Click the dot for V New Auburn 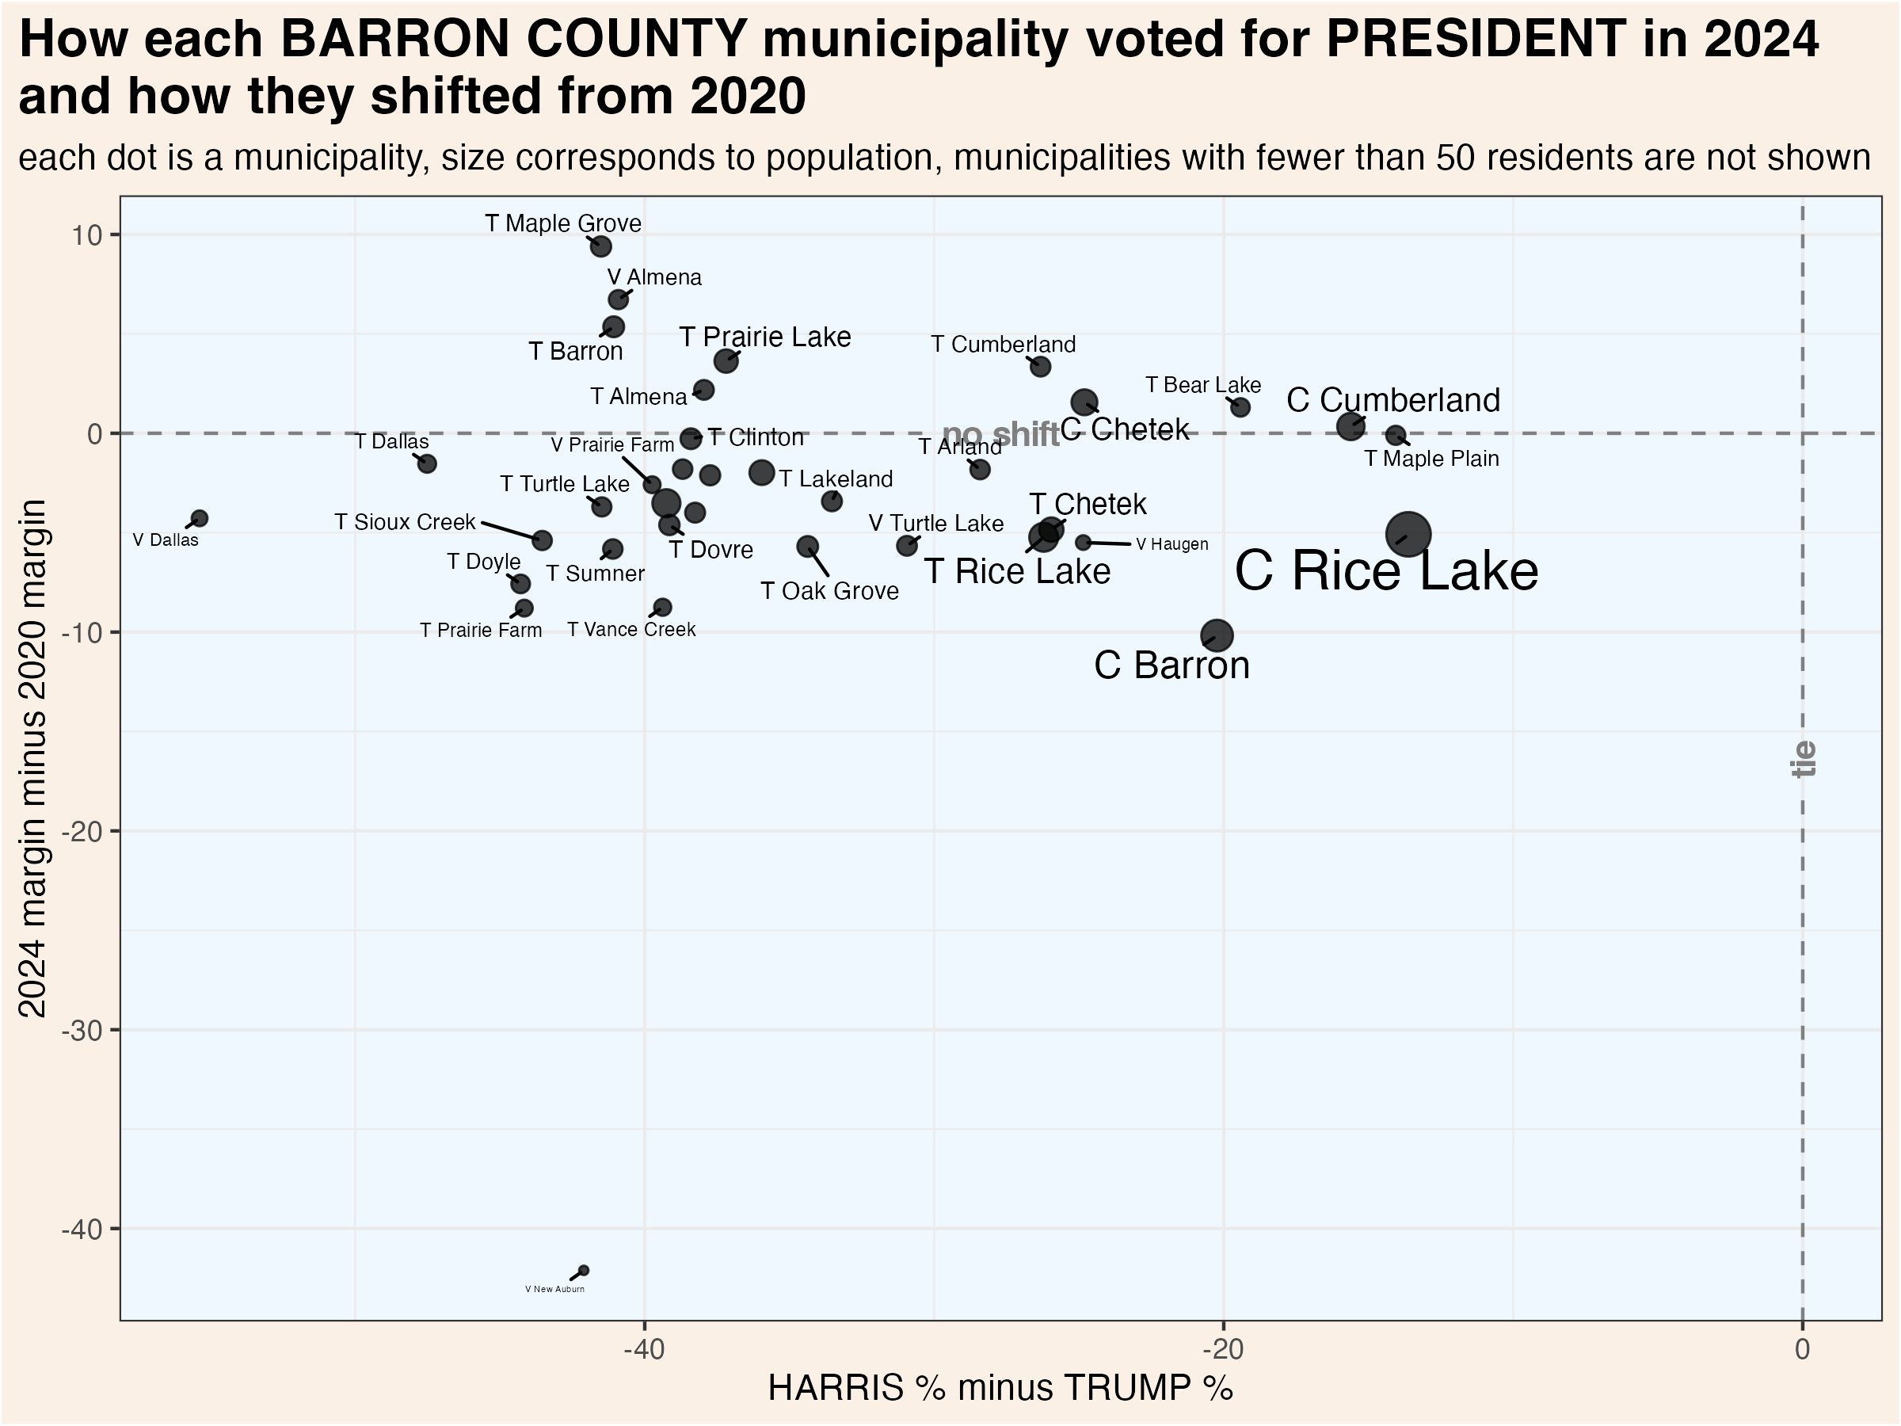pyautogui.click(x=584, y=1271)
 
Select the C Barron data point pyautogui.click(x=1217, y=636)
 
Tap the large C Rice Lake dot pyautogui.click(x=1408, y=534)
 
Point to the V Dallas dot pyautogui.click(x=200, y=518)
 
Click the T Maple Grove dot pyautogui.click(x=600, y=246)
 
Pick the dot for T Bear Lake pyautogui.click(x=1240, y=406)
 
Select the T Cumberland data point pyautogui.click(x=1040, y=366)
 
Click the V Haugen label pyautogui.click(x=1171, y=544)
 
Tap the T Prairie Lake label pyautogui.click(x=765, y=337)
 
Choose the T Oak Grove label pyautogui.click(x=829, y=591)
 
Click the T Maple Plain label pyautogui.click(x=1431, y=459)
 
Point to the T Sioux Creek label pyautogui.click(x=404, y=522)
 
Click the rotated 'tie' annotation pyautogui.click(x=1804, y=758)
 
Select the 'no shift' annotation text pyautogui.click(x=1000, y=435)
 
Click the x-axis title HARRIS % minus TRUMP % pyautogui.click(x=1000, y=1388)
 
